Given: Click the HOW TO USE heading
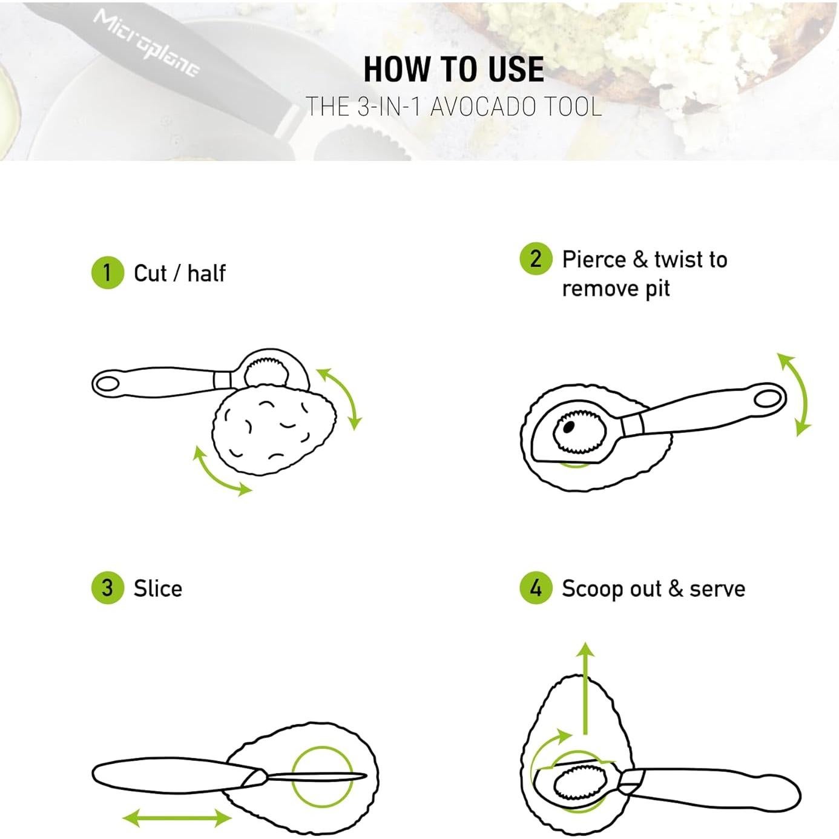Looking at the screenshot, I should click(x=453, y=69).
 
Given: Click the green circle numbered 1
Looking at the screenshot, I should click(x=107, y=272).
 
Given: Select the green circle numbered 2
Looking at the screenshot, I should click(x=536, y=258).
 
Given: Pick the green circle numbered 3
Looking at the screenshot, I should click(x=107, y=588).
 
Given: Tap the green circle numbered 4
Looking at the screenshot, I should click(x=536, y=588).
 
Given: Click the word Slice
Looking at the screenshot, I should click(x=157, y=588).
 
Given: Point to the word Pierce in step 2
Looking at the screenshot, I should click(x=594, y=260).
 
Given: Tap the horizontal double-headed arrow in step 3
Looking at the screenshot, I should click(x=177, y=819).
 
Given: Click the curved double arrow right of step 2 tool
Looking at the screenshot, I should click(x=797, y=395).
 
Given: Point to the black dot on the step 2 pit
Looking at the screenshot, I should click(x=568, y=427).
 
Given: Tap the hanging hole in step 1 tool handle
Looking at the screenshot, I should click(x=107, y=384).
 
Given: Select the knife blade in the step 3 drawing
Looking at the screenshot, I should click(x=315, y=776).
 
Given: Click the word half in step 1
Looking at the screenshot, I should click(x=206, y=273).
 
